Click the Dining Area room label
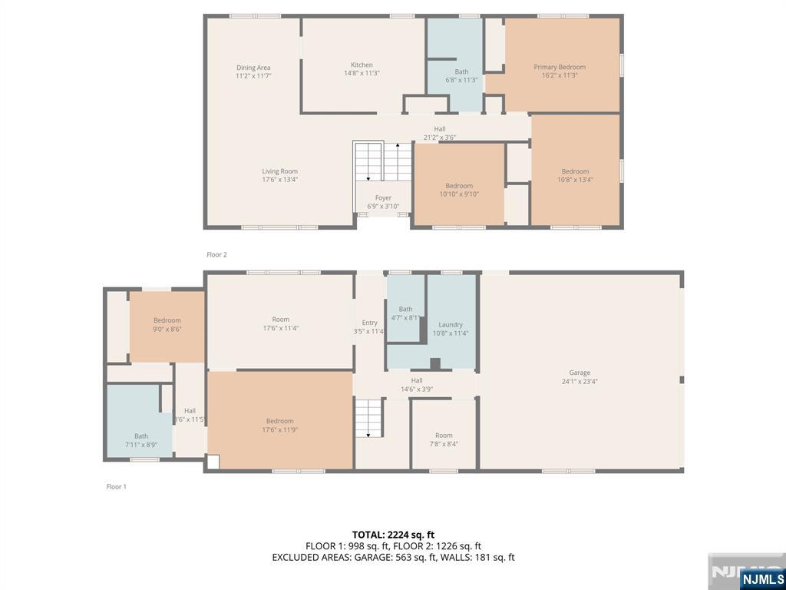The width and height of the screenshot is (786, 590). (x=253, y=68)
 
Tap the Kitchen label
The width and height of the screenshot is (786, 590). (x=362, y=65)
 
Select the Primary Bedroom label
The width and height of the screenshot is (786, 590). (x=560, y=67)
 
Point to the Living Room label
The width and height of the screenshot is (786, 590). (x=279, y=171)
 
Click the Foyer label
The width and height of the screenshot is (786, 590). (x=384, y=197)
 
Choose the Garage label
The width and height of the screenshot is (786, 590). (x=580, y=373)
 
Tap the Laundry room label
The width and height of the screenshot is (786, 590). (x=450, y=325)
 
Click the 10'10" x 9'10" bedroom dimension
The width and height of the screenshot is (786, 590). (x=459, y=194)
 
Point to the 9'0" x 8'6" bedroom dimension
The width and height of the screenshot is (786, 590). (x=167, y=329)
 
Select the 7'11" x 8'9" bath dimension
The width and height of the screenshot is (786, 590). (x=141, y=445)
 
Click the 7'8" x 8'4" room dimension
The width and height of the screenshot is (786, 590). (x=444, y=443)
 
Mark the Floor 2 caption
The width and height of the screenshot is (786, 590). (x=216, y=255)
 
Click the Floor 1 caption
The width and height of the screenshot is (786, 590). (x=117, y=486)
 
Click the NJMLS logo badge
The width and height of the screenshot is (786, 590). (x=760, y=578)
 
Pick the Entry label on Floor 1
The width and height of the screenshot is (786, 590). (x=369, y=323)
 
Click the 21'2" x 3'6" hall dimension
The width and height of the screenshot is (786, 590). (x=440, y=138)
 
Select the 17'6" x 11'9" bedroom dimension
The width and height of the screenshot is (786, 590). (x=279, y=430)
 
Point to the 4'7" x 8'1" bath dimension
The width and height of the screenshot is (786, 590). (x=405, y=317)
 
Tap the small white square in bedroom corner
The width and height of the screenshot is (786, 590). (x=213, y=462)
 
